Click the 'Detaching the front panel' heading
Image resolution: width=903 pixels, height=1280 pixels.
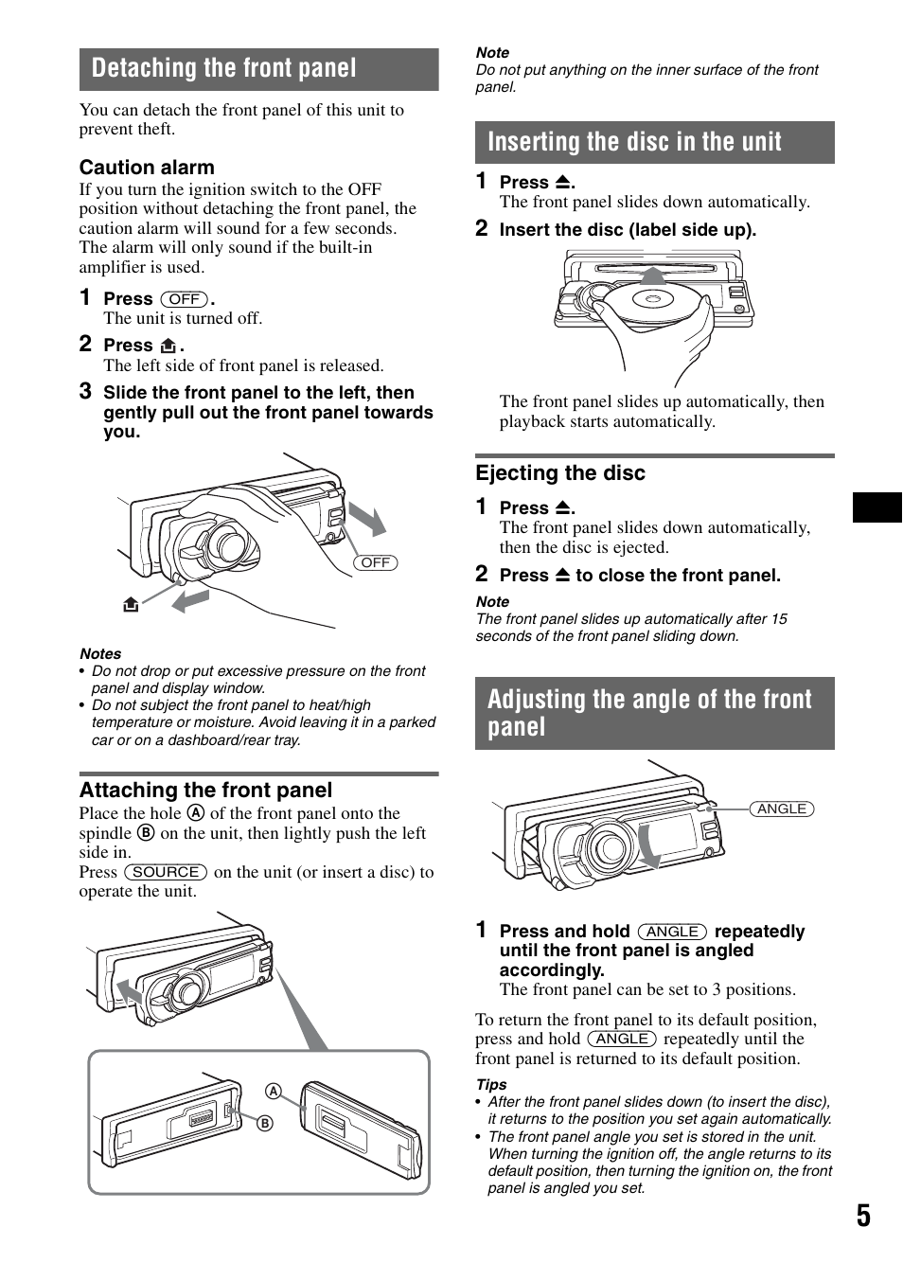pos(224,68)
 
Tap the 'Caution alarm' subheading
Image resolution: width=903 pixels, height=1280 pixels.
pos(147,168)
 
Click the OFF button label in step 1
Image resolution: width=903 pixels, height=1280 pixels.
pos(184,299)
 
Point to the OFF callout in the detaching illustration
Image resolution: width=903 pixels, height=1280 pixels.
pos(375,562)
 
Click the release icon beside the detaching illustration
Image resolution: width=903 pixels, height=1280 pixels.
pos(131,604)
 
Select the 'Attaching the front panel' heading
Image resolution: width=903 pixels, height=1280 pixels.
pos(205,791)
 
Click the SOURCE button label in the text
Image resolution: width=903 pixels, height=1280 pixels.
pos(166,872)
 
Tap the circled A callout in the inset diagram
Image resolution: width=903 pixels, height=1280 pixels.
pos(274,1091)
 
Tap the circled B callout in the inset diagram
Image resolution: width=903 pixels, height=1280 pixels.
pos(265,1123)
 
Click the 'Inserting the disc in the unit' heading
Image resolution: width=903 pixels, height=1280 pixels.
pos(634,142)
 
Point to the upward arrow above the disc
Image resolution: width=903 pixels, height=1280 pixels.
pos(652,275)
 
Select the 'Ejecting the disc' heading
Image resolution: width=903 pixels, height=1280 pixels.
pos(560,473)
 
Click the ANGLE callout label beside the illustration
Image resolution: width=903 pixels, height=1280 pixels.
pos(782,809)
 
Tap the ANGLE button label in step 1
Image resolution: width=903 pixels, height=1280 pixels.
pos(671,932)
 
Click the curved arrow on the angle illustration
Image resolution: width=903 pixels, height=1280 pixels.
pos(649,845)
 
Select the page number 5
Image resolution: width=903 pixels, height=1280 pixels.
pos(862,1216)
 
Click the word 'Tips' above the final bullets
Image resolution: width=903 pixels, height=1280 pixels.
pos(491,1085)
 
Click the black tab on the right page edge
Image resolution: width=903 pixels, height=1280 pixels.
pos(877,507)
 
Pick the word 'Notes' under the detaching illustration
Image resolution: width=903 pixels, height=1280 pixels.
pos(100,653)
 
